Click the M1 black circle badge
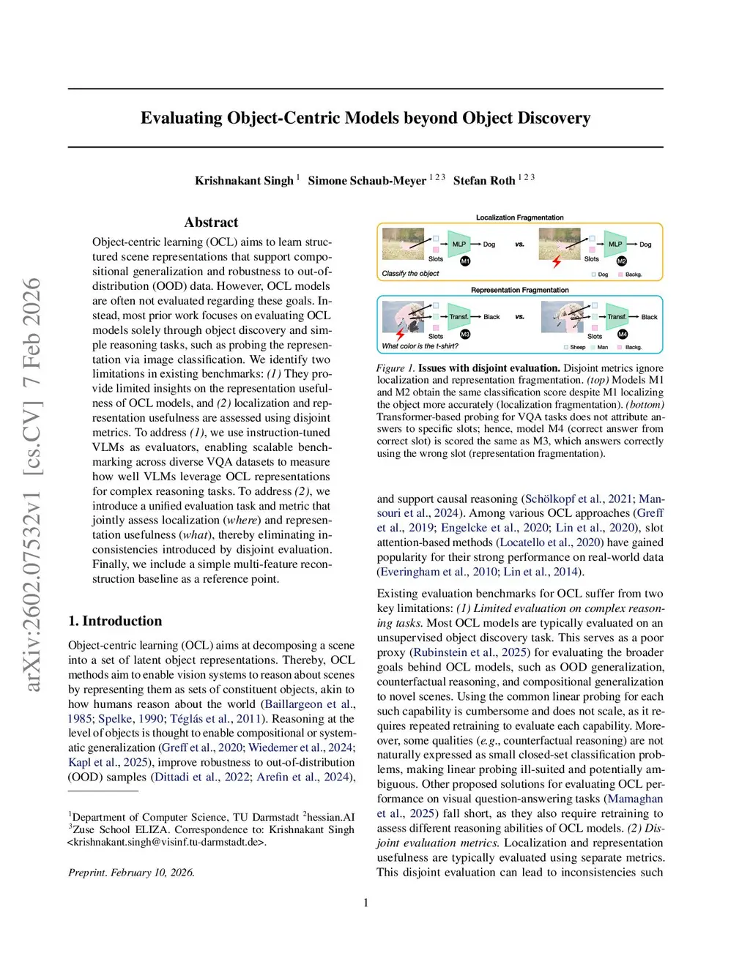[465, 261]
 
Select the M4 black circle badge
[623, 334]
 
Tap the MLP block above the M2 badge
[615, 244]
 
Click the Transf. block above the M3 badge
[458, 316]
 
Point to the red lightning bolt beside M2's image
[557, 261]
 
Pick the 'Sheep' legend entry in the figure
[575, 347]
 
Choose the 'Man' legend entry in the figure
[601, 347]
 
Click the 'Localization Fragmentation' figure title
[519, 217]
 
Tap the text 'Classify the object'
[410, 274]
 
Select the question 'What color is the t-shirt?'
[420, 346]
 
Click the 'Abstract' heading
[211, 223]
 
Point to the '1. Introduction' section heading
[115, 621]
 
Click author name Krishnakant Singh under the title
[244, 181]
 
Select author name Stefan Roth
[484, 181]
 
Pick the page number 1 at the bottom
[366, 903]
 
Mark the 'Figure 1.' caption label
[396, 368]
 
